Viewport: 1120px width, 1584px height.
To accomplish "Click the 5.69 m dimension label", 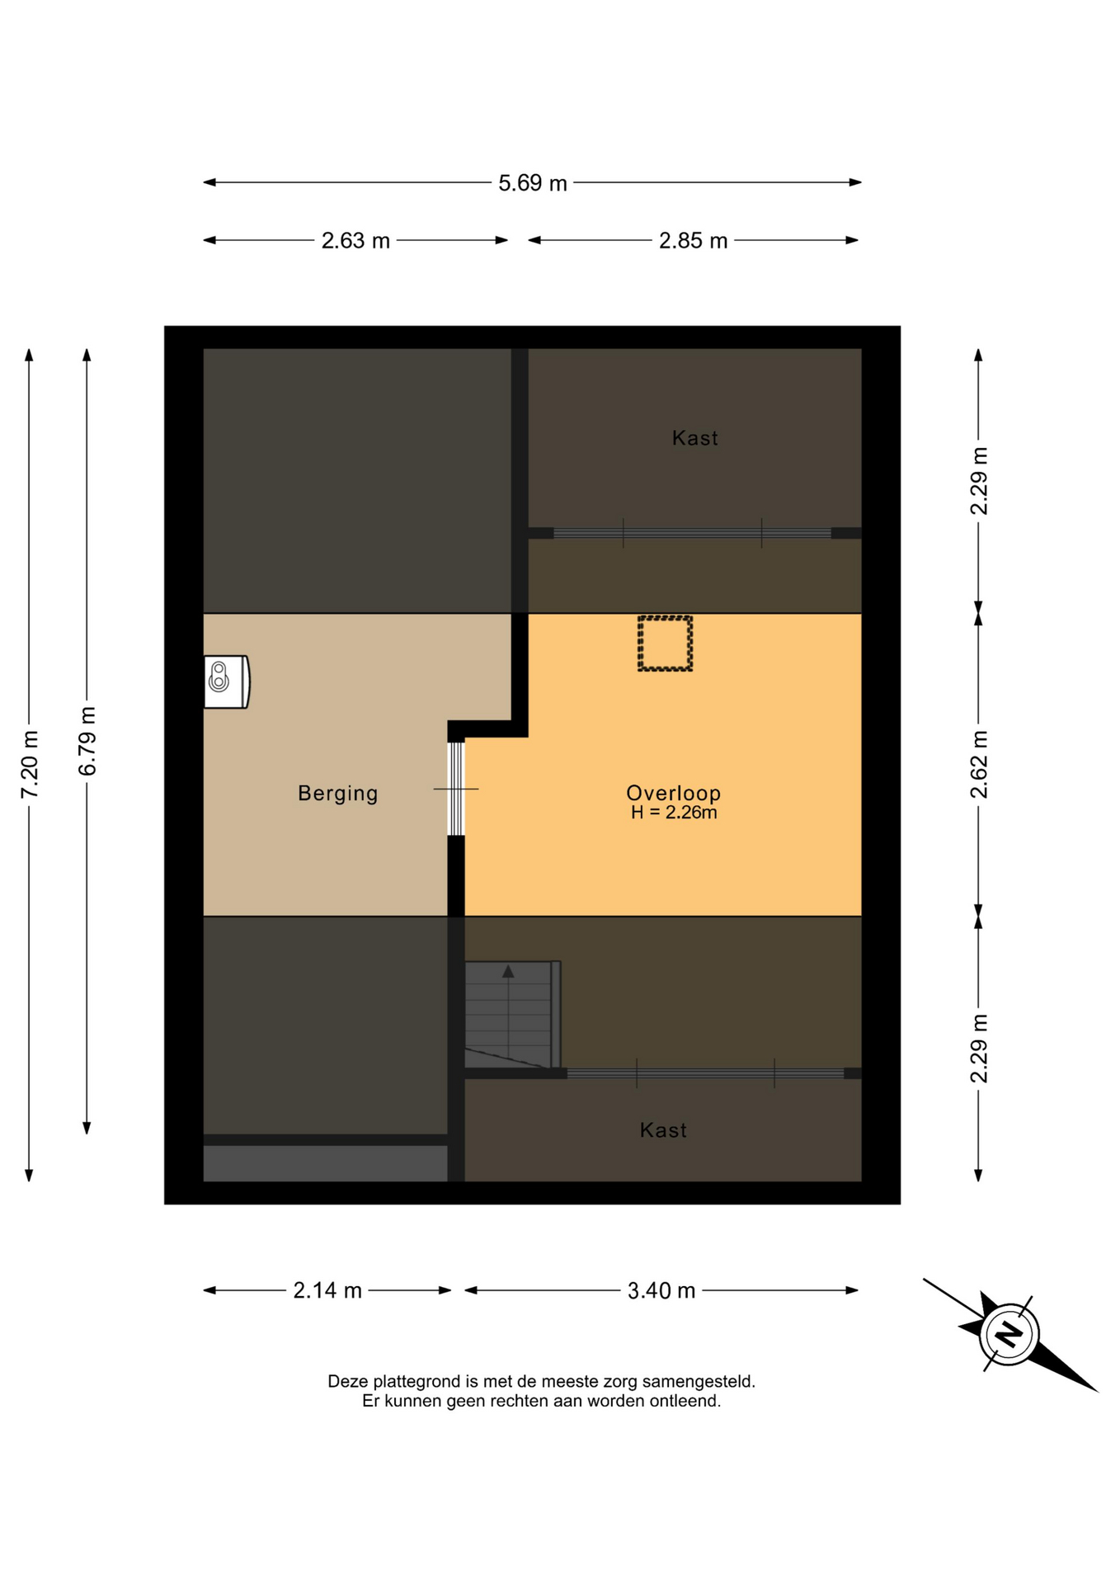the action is (532, 183).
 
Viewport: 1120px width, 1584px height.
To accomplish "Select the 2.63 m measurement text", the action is (355, 241).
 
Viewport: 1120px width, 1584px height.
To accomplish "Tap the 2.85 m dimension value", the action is (693, 241).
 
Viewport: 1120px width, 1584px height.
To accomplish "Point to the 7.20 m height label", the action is (30, 764).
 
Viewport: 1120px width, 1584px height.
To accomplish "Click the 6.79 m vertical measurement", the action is (87, 741).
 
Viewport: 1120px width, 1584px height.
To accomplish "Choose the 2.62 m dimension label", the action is (979, 764).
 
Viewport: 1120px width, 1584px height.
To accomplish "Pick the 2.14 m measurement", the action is (327, 1290).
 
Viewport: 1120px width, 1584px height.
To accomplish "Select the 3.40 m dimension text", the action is (661, 1290).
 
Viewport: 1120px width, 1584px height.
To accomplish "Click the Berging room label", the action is (338, 794).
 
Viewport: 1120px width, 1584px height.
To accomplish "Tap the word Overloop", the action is (673, 793).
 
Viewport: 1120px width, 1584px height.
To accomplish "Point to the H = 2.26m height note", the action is (674, 813).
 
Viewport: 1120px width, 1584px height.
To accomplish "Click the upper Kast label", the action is (694, 438).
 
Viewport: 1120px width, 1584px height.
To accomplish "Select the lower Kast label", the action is (663, 1130).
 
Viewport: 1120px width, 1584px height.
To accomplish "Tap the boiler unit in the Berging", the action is (227, 681).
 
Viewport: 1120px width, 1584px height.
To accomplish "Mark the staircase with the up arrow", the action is (512, 1014).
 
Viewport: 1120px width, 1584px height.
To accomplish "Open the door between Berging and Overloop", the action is (456, 789).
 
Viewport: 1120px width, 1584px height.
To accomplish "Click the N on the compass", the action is (1009, 1334).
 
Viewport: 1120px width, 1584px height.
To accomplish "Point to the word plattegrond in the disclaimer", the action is (413, 1382).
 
